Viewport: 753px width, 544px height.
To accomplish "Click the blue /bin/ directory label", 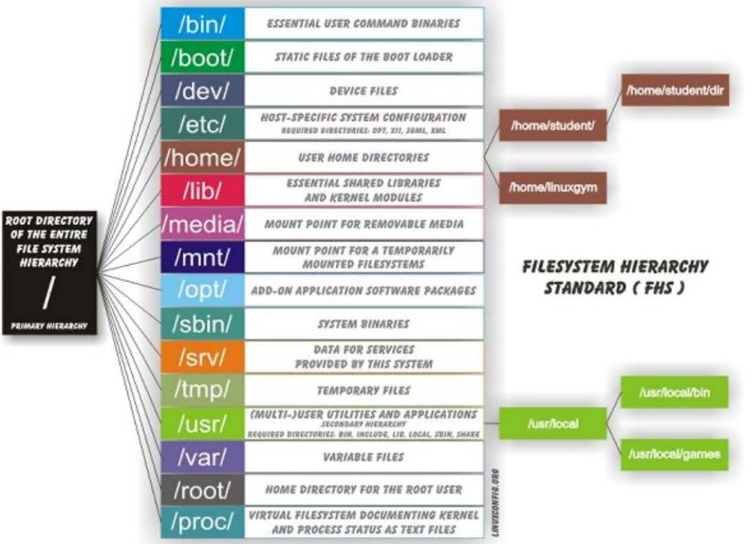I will (202, 24).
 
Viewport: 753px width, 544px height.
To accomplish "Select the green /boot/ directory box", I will (202, 57).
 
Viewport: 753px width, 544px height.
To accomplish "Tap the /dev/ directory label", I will (202, 91).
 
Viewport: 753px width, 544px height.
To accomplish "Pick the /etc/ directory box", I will (202, 124).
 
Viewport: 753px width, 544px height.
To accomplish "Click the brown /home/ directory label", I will (202, 158).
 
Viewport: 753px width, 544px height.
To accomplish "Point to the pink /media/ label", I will (202, 224).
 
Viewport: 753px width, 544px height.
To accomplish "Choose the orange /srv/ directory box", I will (202, 357).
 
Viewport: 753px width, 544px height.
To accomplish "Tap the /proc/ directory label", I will (202, 522).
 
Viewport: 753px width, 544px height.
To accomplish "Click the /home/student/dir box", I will (676, 90).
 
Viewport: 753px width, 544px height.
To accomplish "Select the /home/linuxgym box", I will (553, 187).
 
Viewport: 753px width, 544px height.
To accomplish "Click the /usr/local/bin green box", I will (674, 393).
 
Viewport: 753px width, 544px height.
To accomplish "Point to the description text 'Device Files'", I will (363, 91).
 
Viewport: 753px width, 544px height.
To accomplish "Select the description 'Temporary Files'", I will (363, 390).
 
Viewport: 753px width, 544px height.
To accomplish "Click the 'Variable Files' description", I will (363, 457).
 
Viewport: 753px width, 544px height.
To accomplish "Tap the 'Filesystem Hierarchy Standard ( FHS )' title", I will (615, 277).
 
